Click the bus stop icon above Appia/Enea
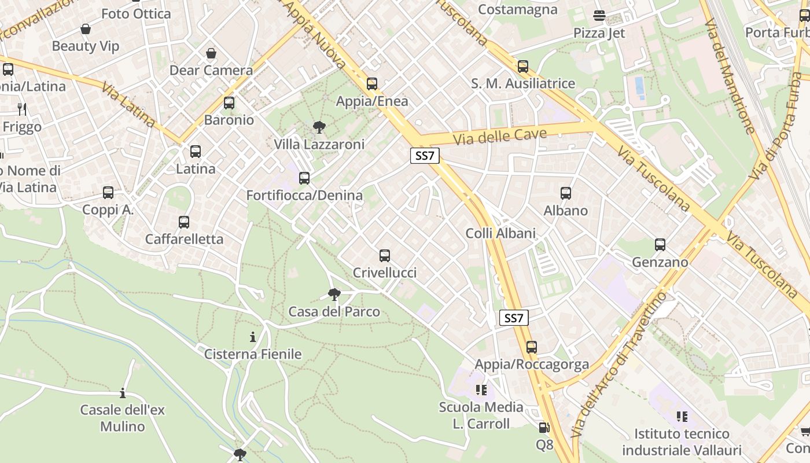372,84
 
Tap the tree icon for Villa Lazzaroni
318,127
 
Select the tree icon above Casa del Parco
334,295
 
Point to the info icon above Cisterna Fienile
253,337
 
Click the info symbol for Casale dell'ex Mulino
122,394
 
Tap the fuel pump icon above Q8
544,428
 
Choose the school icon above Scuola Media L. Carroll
481,390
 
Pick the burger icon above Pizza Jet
599,16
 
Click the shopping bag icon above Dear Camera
211,53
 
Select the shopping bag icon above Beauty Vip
86,29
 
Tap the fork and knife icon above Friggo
22,109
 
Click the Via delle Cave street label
500,137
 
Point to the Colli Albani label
501,233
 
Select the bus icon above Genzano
660,245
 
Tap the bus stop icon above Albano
566,193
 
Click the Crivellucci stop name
385,273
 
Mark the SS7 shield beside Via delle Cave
425,155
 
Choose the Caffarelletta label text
184,239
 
